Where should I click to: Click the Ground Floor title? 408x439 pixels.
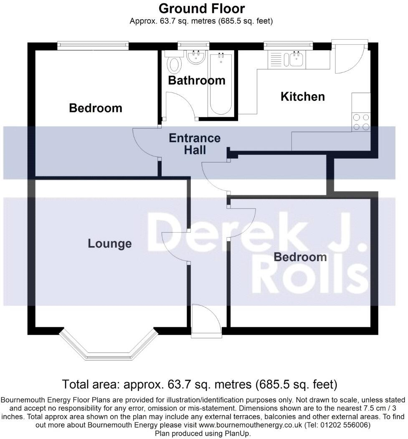(201, 8)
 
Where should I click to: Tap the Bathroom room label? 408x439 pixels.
(196, 80)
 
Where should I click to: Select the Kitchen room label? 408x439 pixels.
(302, 97)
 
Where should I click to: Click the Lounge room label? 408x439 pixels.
(109, 244)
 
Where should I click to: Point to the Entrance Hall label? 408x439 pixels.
(195, 144)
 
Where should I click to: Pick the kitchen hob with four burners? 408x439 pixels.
(361, 122)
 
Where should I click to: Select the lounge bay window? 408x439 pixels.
(109, 347)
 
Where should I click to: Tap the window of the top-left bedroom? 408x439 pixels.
(93, 45)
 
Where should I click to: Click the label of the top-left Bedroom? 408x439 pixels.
(96, 108)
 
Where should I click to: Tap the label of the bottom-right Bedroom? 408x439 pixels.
(300, 257)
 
